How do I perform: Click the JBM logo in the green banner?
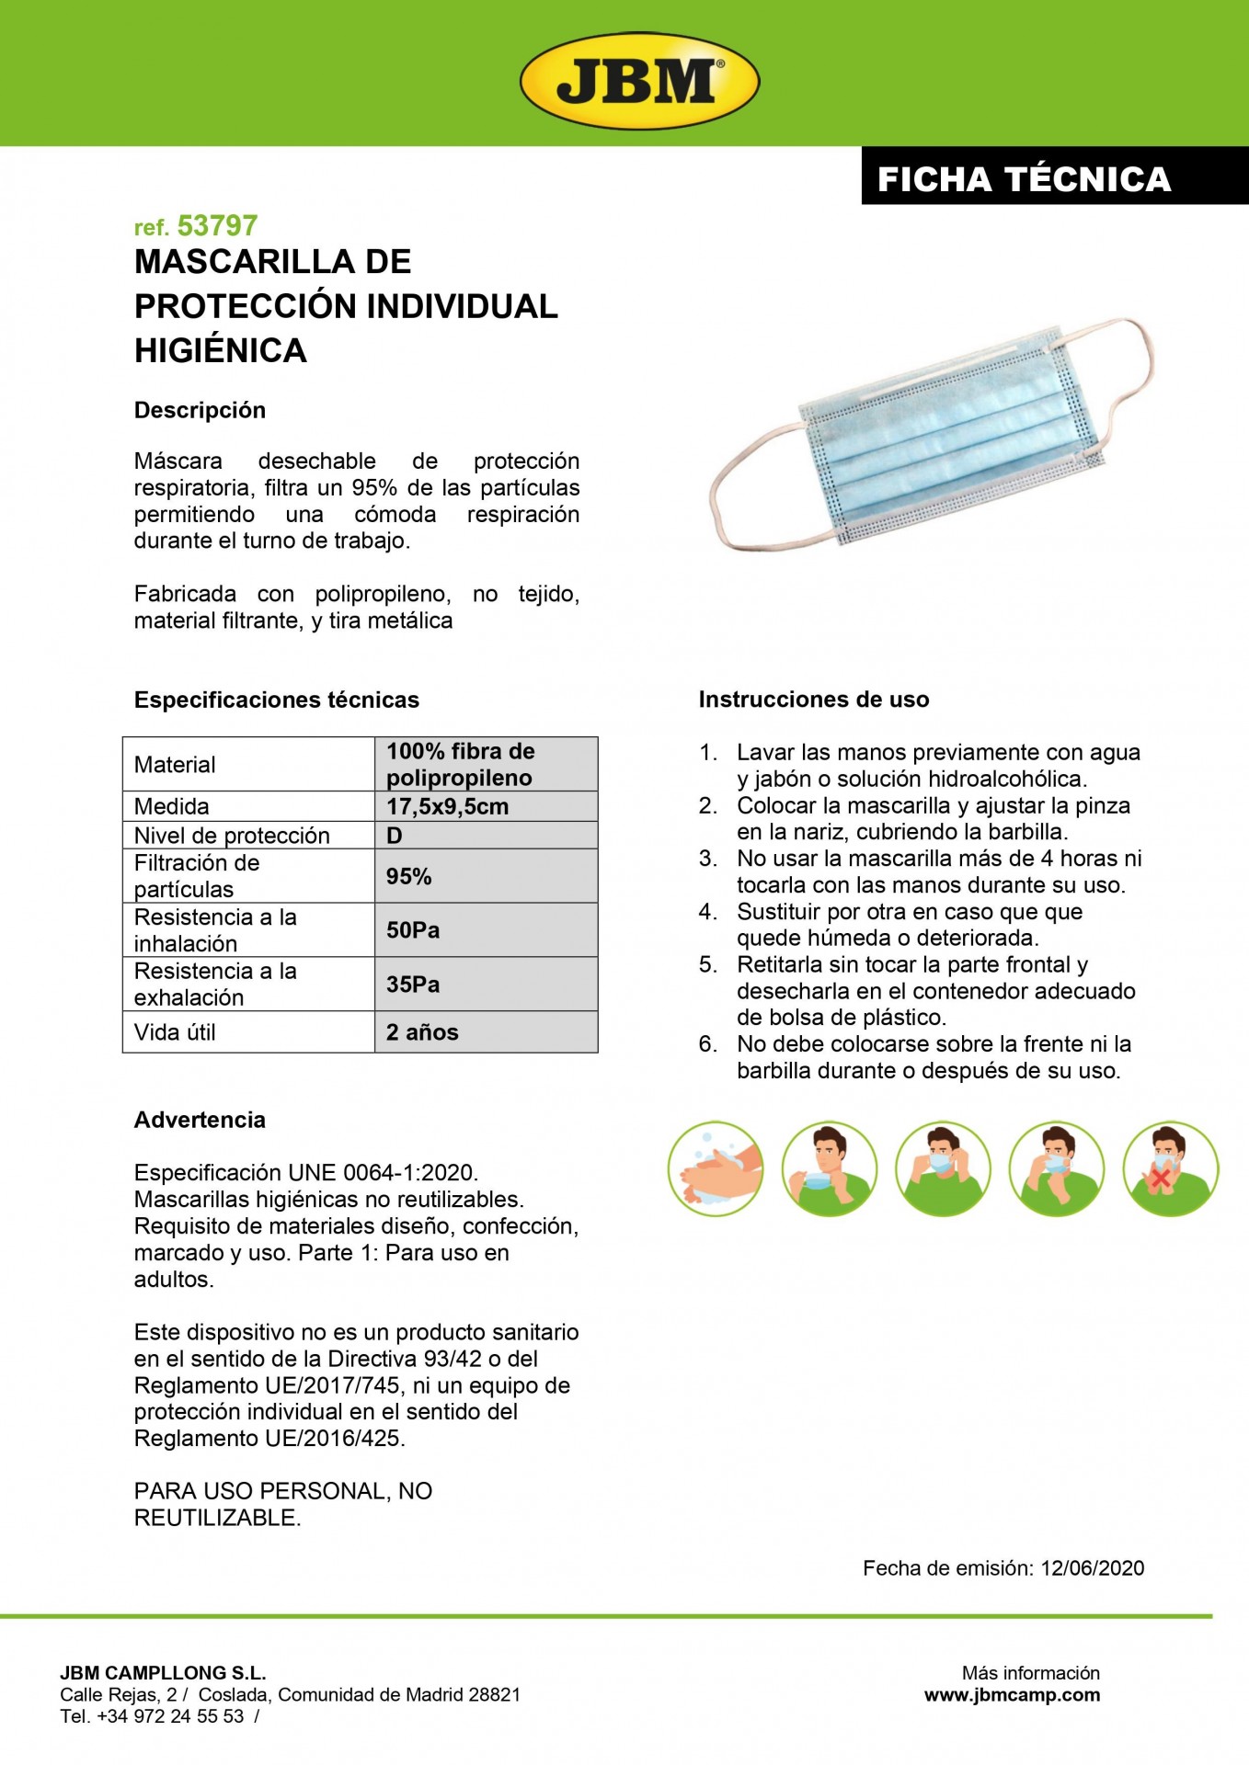pyautogui.click(x=639, y=83)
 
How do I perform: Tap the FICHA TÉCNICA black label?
pyautogui.click(x=1024, y=178)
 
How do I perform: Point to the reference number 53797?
pyautogui.click(x=217, y=226)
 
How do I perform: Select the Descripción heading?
pyautogui.click(x=200, y=410)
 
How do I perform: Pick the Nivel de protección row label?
pyautogui.click(x=232, y=835)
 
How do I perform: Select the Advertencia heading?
pyautogui.click(x=200, y=1120)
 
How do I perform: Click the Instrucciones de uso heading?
pyautogui.click(x=813, y=700)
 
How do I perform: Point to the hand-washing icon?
pyautogui.click(x=715, y=1169)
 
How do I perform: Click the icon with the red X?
pyautogui.click(x=1170, y=1169)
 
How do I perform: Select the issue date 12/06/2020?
pyautogui.click(x=1092, y=1568)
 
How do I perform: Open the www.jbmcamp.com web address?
pyautogui.click(x=1012, y=1694)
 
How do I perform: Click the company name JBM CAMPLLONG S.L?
pyautogui.click(x=163, y=1673)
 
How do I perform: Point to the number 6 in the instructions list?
pyautogui.click(x=707, y=1044)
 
